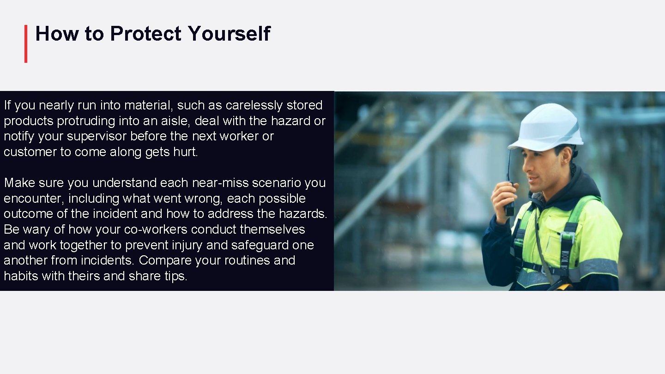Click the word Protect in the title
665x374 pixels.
(146, 34)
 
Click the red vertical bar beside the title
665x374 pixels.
(26, 43)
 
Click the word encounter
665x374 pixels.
(32, 199)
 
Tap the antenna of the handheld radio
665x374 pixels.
(508, 164)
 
